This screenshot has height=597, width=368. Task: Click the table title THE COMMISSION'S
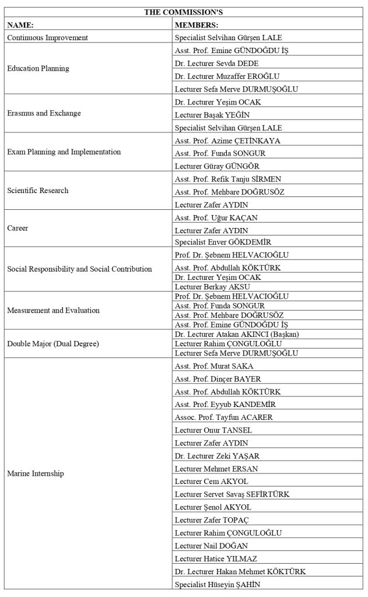[183, 12]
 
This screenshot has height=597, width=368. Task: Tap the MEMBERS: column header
[197, 24]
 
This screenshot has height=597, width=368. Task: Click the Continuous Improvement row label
[47, 37]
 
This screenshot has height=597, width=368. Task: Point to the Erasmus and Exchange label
[44, 113]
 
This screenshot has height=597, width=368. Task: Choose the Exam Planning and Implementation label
[64, 152]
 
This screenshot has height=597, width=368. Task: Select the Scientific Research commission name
[38, 190]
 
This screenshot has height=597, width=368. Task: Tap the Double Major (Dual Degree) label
[53, 343]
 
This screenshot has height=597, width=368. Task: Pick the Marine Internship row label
[36, 473]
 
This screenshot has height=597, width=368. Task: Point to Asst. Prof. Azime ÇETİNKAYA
[227, 141]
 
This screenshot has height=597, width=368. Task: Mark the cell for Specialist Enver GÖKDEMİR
[223, 242]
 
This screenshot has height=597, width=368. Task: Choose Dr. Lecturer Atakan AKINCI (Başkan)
[241, 334]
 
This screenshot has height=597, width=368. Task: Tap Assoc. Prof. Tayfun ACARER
[224, 417]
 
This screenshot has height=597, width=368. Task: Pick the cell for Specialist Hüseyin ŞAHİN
[218, 584]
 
